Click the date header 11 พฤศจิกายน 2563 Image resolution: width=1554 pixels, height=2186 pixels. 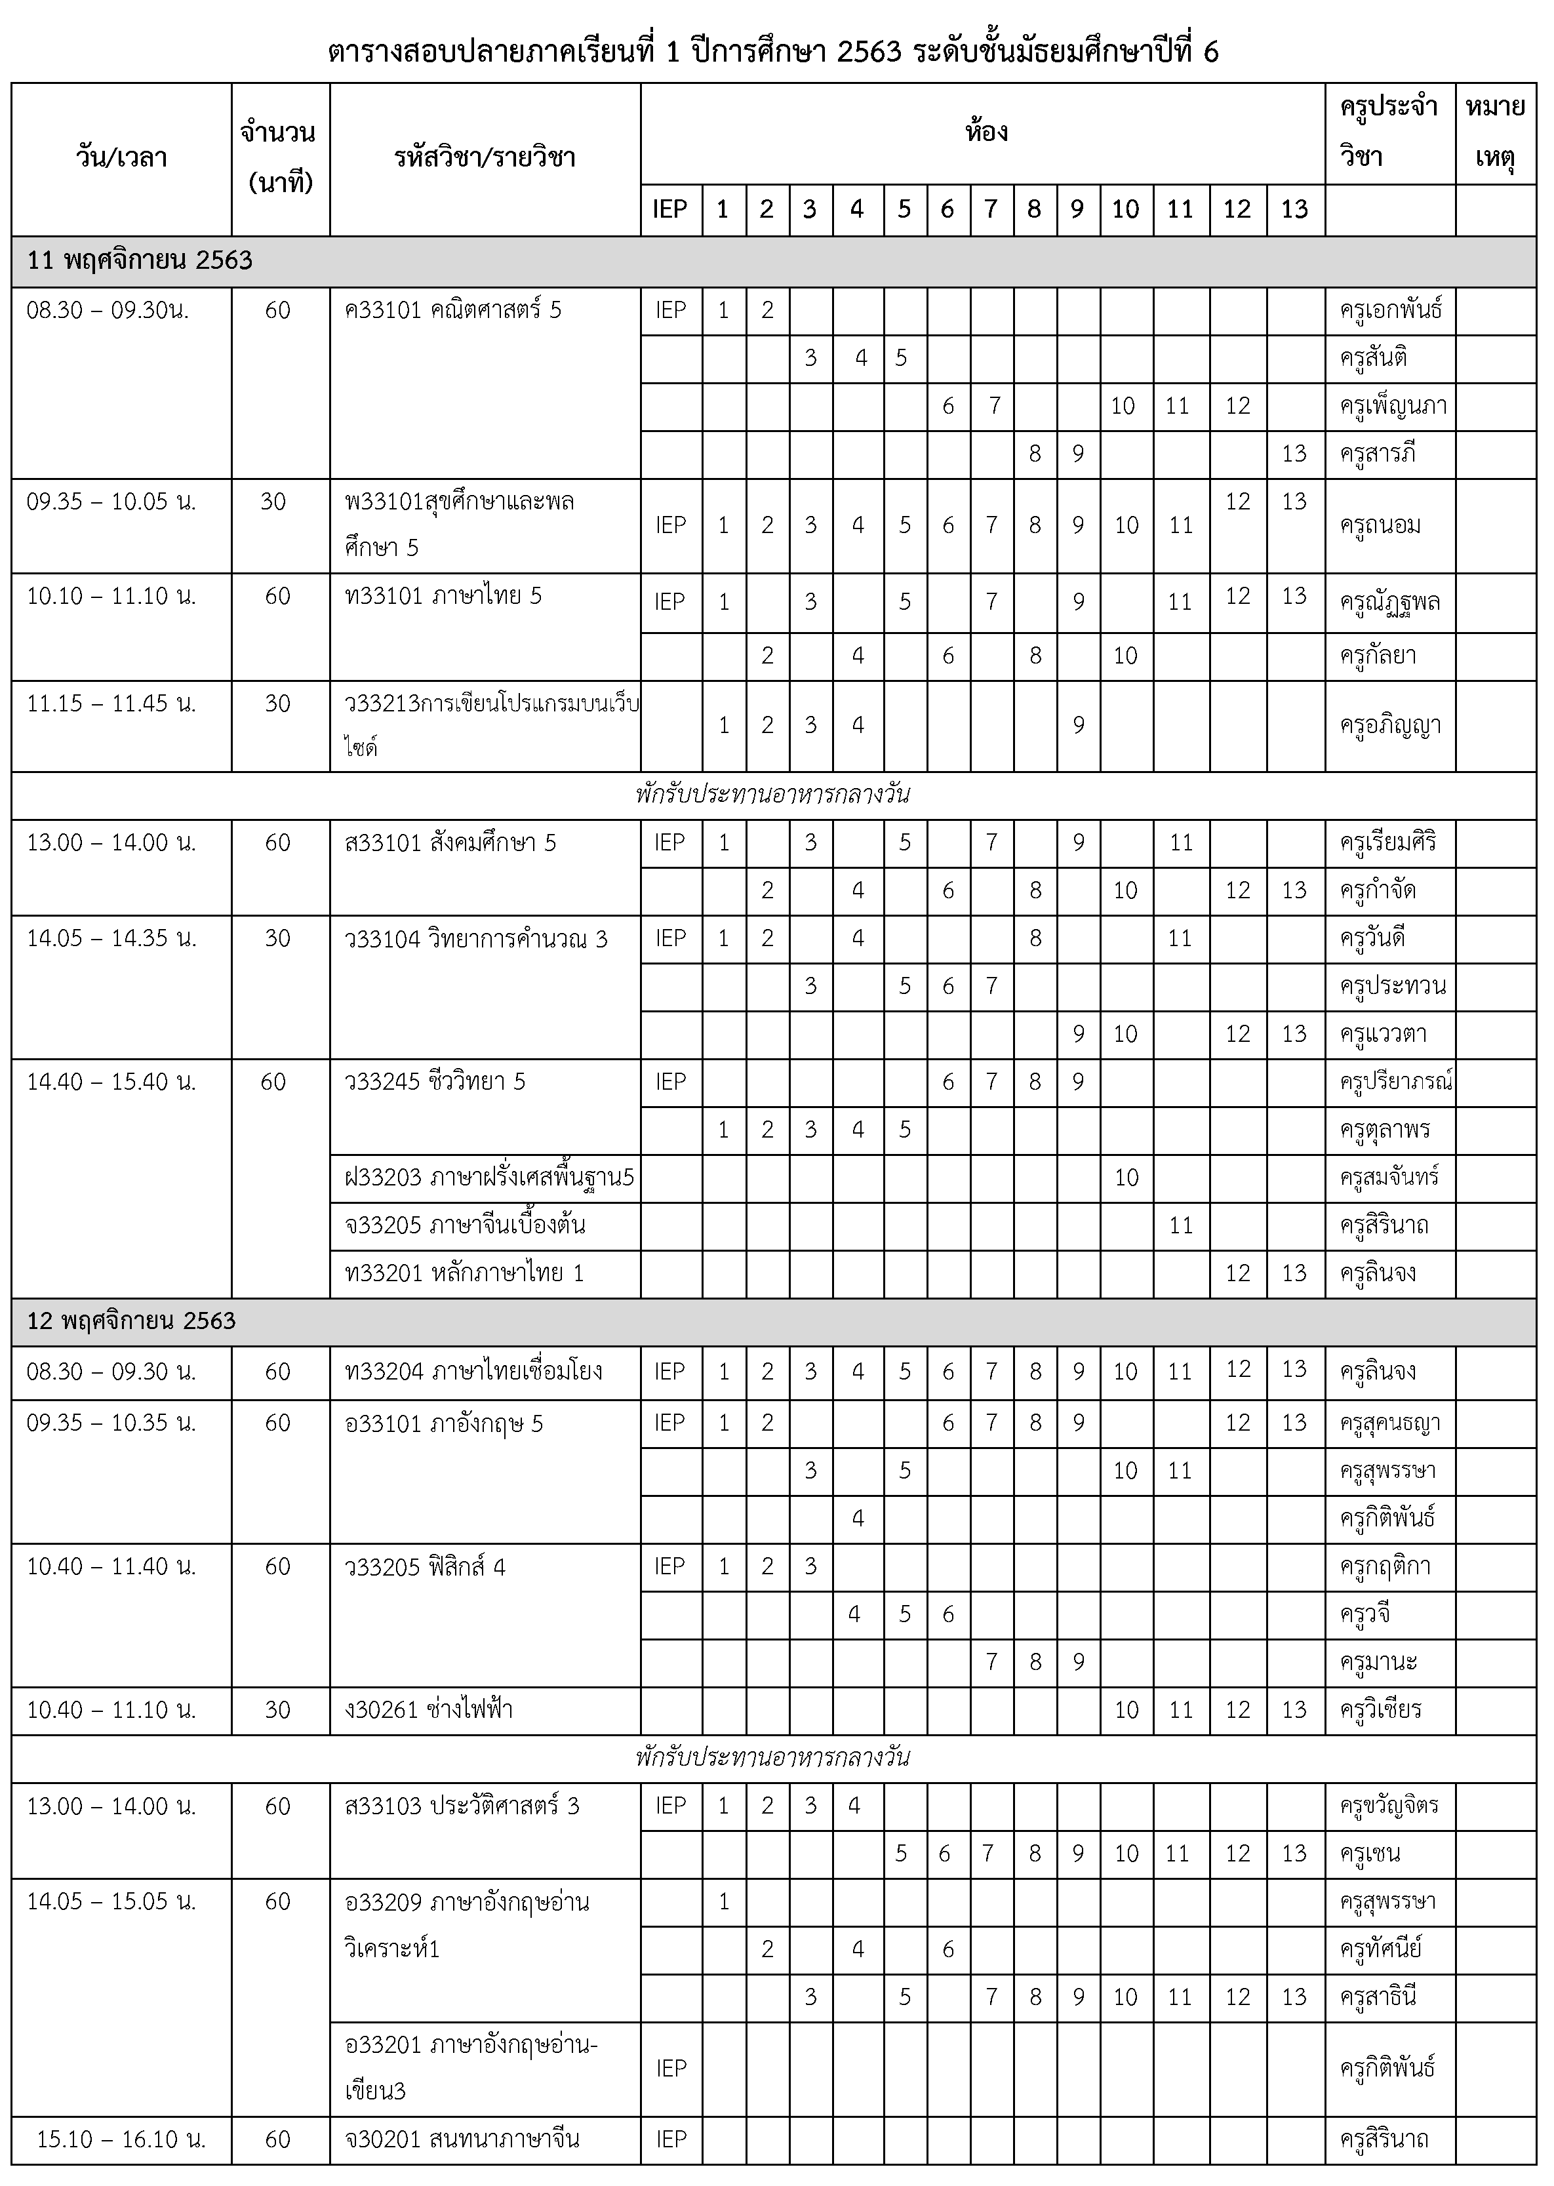[140, 260]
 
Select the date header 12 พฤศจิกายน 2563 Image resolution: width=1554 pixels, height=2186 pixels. [131, 1321]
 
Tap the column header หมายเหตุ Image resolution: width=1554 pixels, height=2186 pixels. [1495, 132]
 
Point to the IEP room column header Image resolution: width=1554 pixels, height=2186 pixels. [670, 210]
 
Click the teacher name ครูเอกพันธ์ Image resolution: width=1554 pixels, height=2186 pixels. [1390, 311]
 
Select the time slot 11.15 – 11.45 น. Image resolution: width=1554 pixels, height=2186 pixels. [111, 704]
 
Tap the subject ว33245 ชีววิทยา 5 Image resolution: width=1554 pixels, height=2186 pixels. [435, 1082]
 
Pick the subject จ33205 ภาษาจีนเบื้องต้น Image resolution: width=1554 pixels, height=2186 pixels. [465, 1225]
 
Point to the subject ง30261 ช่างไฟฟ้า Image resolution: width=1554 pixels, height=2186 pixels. [429, 1709]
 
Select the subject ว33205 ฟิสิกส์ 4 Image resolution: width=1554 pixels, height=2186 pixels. [425, 1567]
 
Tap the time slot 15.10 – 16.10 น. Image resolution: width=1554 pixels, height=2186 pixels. [121, 2139]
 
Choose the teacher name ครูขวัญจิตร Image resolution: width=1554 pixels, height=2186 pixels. [1389, 1806]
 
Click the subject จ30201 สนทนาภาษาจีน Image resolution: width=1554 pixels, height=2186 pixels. [462, 2139]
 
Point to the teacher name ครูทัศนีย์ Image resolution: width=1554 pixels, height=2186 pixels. [1381, 1949]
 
